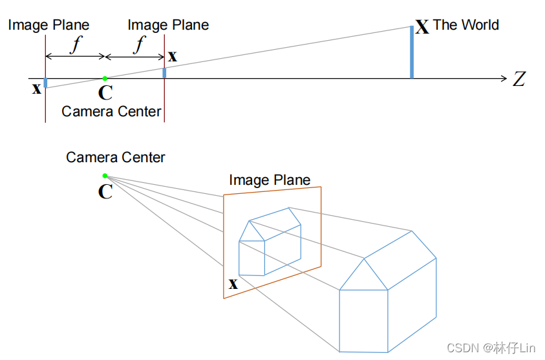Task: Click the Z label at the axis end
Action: (518, 79)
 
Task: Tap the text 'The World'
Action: (465, 25)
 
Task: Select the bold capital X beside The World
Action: (422, 27)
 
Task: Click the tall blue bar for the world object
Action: (411, 52)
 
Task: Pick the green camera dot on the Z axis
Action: (105, 78)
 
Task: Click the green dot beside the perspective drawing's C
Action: (105, 175)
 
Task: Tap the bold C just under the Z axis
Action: (105, 93)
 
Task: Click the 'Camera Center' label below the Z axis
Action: (111, 111)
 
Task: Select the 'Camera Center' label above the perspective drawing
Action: (116, 157)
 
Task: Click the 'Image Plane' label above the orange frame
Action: (270, 180)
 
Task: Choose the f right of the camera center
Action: (138, 45)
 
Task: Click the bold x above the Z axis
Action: (173, 56)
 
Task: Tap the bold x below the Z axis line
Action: (37, 88)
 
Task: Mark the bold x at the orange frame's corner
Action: (233, 283)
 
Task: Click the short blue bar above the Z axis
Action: (164, 72)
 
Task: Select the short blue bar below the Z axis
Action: (45, 83)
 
